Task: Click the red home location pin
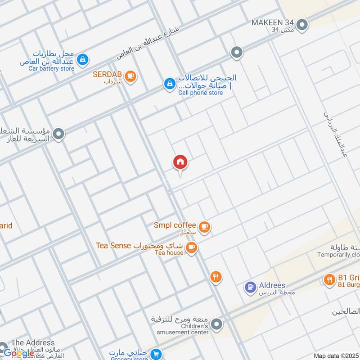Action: pyautogui.click(x=180, y=162)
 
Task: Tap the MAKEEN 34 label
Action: pyautogui.click(x=273, y=22)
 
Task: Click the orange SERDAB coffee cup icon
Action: pyautogui.click(x=130, y=76)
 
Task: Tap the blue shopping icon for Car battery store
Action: pyautogui.click(x=82, y=59)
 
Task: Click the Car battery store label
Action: pyautogui.click(x=51, y=68)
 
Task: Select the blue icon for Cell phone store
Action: pyautogui.click(x=169, y=84)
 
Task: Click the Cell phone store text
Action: pyautogui.click(x=201, y=93)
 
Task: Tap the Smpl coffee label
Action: pyautogui.click(x=175, y=225)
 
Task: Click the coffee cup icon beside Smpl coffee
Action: pyautogui.click(x=205, y=227)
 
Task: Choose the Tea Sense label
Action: pyautogui.click(x=113, y=245)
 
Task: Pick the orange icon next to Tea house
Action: pyautogui.click(x=192, y=247)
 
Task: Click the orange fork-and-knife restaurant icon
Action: pyautogui.click(x=216, y=277)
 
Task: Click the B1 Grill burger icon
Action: pyautogui.click(x=329, y=280)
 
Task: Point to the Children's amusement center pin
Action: pyautogui.click(x=217, y=324)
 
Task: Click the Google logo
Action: pyautogui.click(x=19, y=353)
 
